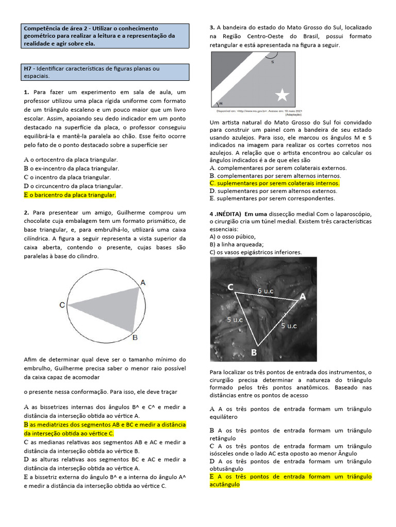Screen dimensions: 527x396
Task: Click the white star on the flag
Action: [283, 95]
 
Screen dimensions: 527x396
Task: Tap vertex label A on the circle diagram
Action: [143, 282]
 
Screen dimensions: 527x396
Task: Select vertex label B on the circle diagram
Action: [135, 338]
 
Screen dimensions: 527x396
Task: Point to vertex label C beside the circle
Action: [62, 305]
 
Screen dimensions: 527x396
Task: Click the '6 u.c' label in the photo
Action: [266, 290]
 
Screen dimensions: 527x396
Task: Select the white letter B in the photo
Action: [253, 353]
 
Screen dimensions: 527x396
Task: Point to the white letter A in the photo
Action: [302, 296]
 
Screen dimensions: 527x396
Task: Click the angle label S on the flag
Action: [272, 62]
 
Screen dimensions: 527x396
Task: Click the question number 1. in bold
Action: [26, 92]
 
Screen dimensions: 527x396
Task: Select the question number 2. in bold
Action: [26, 213]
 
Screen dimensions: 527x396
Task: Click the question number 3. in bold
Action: [212, 27]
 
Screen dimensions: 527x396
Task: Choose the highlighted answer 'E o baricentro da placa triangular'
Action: [70, 195]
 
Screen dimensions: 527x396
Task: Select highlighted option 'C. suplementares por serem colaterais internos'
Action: [274, 183]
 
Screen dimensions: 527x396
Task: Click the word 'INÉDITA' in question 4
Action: [228, 214]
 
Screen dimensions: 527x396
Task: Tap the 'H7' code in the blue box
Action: [28, 68]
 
